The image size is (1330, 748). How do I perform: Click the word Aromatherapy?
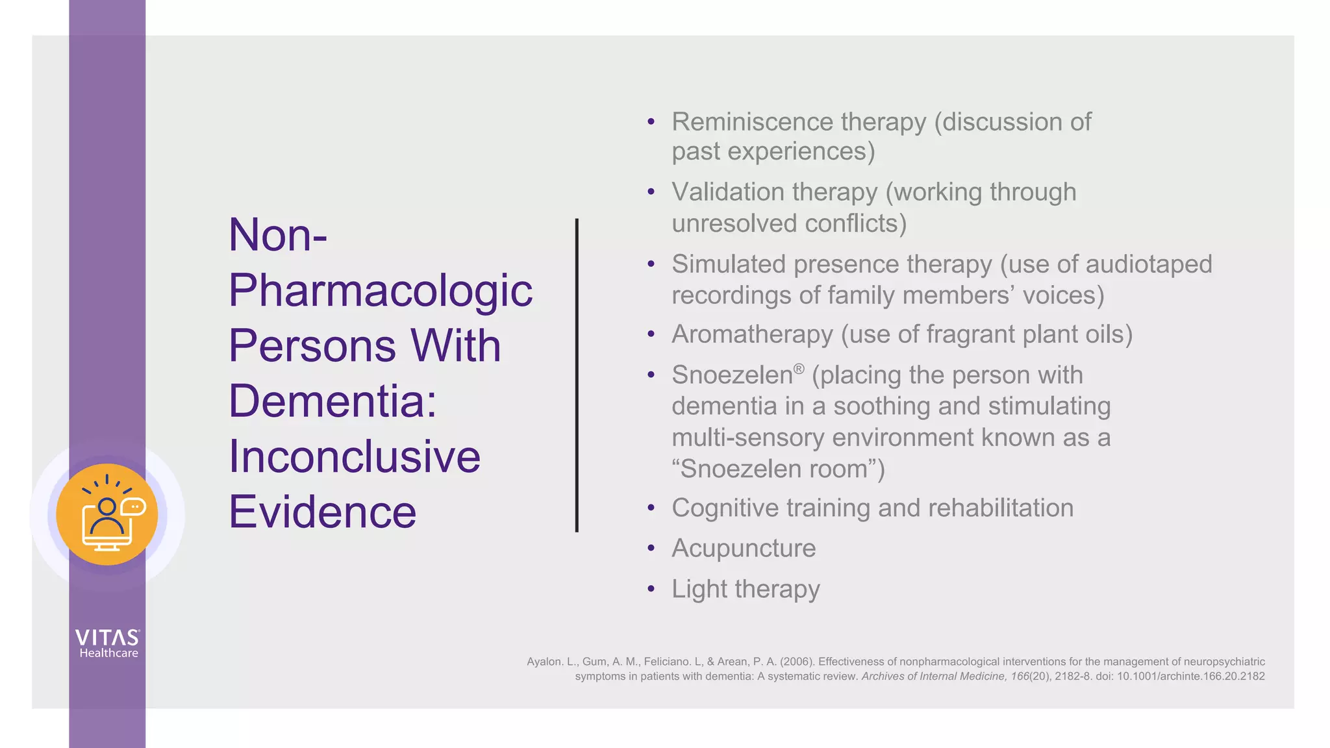752,335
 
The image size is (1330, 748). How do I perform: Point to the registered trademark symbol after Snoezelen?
799,369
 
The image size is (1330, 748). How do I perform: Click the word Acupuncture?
744,549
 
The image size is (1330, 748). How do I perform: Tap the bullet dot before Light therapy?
651,589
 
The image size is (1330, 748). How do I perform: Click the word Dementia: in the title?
332,401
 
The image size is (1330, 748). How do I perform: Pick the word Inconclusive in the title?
355,456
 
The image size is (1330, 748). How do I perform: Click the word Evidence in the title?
322,512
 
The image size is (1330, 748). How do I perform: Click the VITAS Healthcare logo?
108,643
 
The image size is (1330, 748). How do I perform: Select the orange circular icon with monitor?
107,515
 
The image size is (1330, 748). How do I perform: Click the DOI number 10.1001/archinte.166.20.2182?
1190,677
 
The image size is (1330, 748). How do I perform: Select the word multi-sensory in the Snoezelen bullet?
748,438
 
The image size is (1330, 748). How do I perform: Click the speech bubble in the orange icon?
134,506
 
